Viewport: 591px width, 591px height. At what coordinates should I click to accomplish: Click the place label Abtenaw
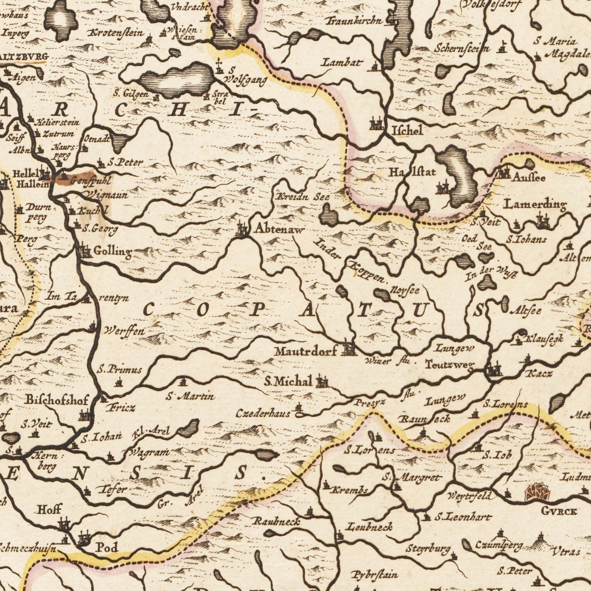pyautogui.click(x=279, y=230)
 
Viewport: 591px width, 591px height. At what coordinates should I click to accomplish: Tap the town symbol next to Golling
pyautogui.click(x=85, y=250)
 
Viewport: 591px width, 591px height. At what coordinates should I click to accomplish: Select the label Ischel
pyautogui.click(x=407, y=131)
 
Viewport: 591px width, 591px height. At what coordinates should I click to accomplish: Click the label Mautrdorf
pyautogui.click(x=306, y=351)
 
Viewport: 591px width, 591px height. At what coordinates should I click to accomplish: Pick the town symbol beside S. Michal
pyautogui.click(x=322, y=382)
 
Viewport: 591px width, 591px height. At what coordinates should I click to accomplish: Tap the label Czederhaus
pyautogui.click(x=263, y=414)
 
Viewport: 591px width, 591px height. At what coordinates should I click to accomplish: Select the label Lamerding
pyautogui.click(x=535, y=204)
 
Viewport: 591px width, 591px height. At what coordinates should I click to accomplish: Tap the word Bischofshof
pyautogui.click(x=56, y=400)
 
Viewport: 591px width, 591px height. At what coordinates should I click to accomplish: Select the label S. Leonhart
pyautogui.click(x=462, y=517)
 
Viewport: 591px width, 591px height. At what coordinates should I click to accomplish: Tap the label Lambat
pyautogui.click(x=342, y=63)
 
